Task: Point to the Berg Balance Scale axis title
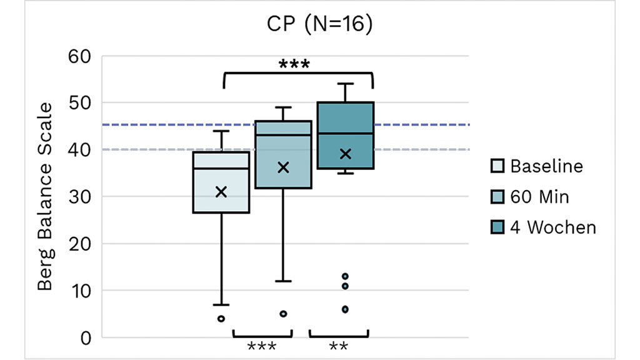pos(45,196)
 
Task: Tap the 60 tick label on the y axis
pos(80,56)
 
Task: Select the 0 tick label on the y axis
pos(86,337)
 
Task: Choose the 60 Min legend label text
pos(540,197)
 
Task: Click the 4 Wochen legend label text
pos(553,227)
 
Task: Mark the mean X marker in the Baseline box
pos(221,192)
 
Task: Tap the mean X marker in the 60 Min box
pos(283,167)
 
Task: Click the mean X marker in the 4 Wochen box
pos(345,154)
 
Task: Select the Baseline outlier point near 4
pos(221,319)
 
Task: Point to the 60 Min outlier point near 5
pos(283,314)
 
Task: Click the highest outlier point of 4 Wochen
pos(345,276)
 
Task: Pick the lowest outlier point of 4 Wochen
pos(345,309)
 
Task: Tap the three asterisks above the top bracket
pos(294,64)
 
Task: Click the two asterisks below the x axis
pos(338,347)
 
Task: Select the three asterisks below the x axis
pos(261,347)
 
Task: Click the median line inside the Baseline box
pos(221,169)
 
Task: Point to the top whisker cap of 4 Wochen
pos(345,84)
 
